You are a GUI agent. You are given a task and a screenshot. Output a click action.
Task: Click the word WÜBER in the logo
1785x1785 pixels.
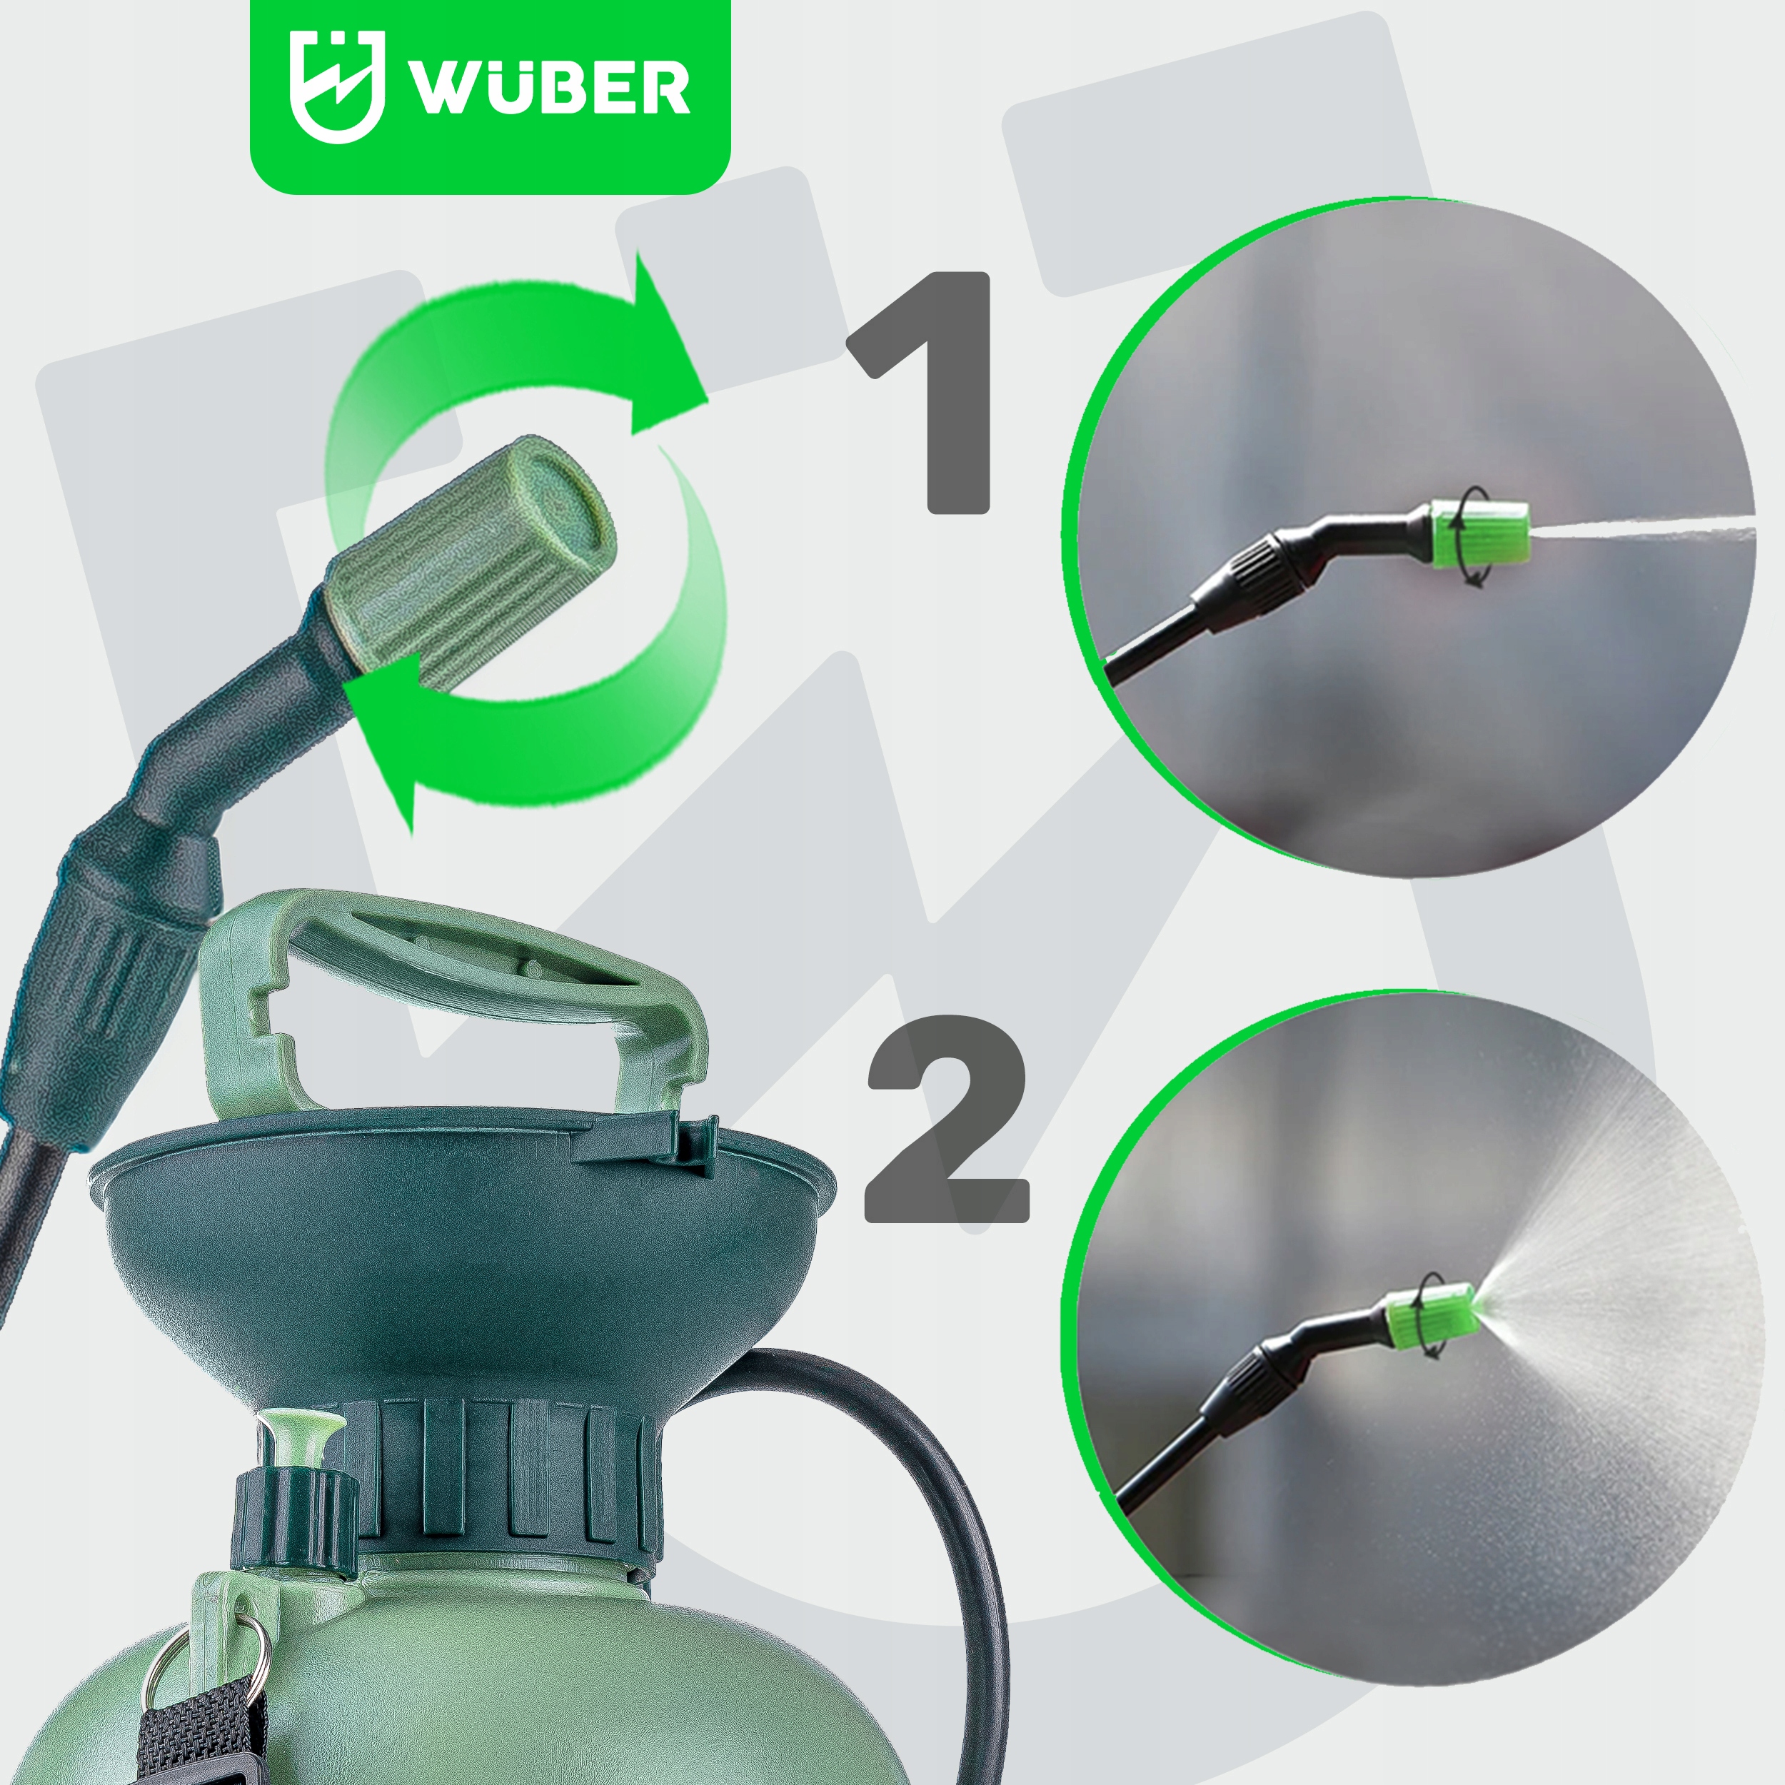(x=550, y=87)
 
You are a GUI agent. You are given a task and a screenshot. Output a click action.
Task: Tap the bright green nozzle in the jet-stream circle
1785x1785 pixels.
(x=1478, y=537)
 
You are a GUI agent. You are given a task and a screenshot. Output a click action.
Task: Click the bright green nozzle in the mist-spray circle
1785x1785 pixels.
(x=1429, y=1316)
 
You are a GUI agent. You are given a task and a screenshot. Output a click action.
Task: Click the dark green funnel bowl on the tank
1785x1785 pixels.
(x=462, y=1266)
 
